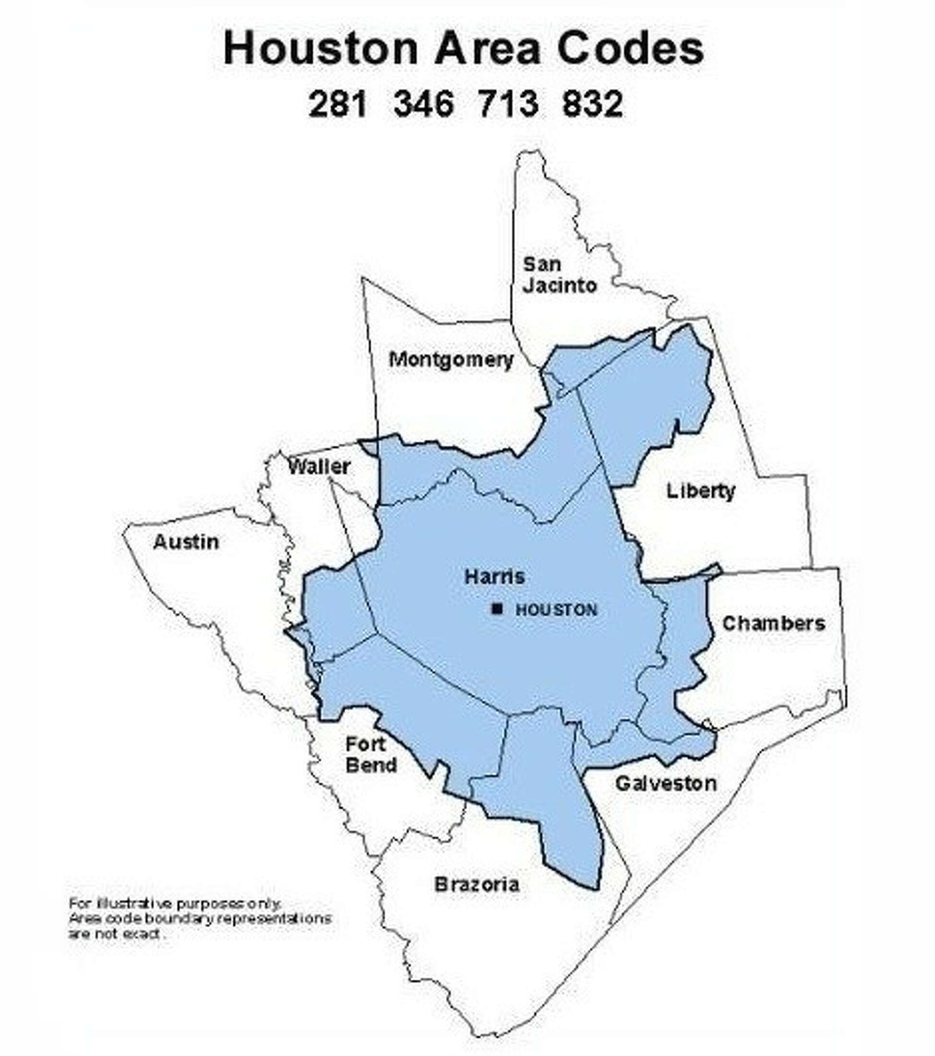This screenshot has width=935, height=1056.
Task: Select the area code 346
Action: pyautogui.click(x=424, y=104)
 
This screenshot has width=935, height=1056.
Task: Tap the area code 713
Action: pyautogui.click(x=509, y=104)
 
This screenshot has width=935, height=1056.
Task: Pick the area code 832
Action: pyautogui.click(x=592, y=104)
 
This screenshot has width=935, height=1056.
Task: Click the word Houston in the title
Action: pyautogui.click(x=320, y=48)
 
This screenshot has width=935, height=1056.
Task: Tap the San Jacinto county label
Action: pyautogui.click(x=559, y=275)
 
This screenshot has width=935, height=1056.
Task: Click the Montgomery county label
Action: pyautogui.click(x=451, y=360)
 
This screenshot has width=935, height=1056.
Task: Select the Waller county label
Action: pyautogui.click(x=319, y=467)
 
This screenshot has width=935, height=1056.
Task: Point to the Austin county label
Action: pyautogui.click(x=186, y=542)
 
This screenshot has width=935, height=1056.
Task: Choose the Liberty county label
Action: pyautogui.click(x=700, y=491)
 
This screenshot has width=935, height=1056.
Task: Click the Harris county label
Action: pyautogui.click(x=495, y=576)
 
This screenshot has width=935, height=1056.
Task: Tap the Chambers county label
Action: pyautogui.click(x=773, y=624)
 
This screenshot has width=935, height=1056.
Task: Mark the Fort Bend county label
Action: pyautogui.click(x=371, y=755)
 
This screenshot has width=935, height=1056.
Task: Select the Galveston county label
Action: pyautogui.click(x=666, y=784)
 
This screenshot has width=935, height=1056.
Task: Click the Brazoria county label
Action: pyautogui.click(x=476, y=884)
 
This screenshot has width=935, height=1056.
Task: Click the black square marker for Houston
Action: pyautogui.click(x=497, y=609)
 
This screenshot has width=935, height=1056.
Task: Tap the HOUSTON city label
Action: pyautogui.click(x=556, y=610)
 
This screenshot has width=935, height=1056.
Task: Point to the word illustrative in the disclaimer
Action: pyautogui.click(x=132, y=903)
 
